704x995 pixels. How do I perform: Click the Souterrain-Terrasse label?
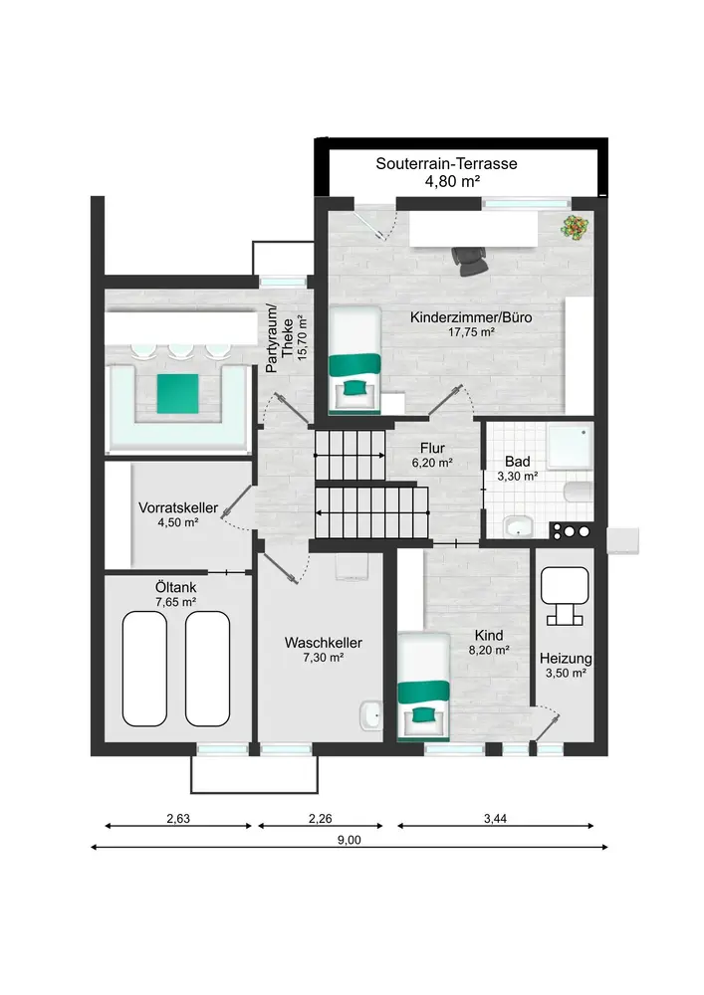click(446, 164)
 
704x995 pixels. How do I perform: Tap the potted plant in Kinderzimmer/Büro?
click(576, 227)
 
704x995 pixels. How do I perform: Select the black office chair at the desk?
click(470, 260)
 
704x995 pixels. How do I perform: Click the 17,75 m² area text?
click(471, 332)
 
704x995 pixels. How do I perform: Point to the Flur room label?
click(432, 448)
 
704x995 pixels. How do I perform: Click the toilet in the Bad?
click(579, 492)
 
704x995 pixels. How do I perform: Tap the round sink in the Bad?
click(519, 526)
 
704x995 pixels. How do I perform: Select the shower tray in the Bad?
click(570, 448)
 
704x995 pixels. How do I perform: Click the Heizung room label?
click(566, 659)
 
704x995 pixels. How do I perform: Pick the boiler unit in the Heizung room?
click(565, 595)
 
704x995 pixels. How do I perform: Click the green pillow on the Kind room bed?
click(421, 715)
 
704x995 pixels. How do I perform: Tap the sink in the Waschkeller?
click(370, 715)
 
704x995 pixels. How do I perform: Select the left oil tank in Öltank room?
click(144, 669)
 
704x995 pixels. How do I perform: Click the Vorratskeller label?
click(178, 507)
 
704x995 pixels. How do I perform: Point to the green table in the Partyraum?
click(178, 393)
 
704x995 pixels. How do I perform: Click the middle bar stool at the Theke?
click(181, 351)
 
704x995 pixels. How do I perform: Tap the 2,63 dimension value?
click(178, 819)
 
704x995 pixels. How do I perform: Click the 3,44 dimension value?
click(495, 819)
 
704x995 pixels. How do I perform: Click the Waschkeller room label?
click(323, 643)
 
